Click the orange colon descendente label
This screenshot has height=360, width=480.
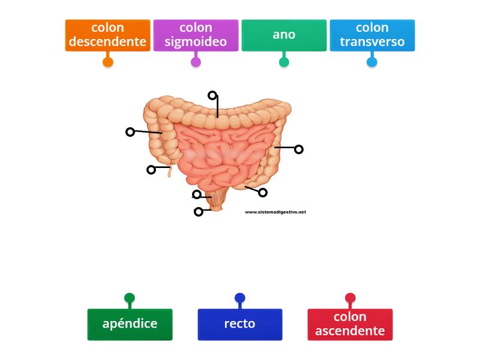[107, 35]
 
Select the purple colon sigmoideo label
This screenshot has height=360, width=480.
[196, 35]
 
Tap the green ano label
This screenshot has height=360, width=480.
[284, 35]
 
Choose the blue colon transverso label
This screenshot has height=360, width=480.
[372, 35]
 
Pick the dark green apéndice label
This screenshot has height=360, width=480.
[130, 324]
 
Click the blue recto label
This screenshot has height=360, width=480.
[239, 324]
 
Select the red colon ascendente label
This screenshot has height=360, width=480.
[350, 324]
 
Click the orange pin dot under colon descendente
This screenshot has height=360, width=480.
[107, 62]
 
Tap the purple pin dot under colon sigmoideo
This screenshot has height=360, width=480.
[196, 62]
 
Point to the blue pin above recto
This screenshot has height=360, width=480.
[240, 298]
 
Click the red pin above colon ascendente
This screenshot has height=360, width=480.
[350, 298]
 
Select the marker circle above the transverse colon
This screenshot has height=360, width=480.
[212, 95]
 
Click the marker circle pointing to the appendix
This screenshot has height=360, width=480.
[151, 170]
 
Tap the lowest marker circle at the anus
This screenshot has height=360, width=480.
[199, 211]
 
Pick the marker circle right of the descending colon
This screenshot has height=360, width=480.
[298, 149]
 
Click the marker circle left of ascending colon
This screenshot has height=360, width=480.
[130, 131]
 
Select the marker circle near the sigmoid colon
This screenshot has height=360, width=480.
[263, 193]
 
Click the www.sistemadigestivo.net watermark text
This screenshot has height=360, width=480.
[275, 212]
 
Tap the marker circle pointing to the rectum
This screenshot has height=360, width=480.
[197, 194]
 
